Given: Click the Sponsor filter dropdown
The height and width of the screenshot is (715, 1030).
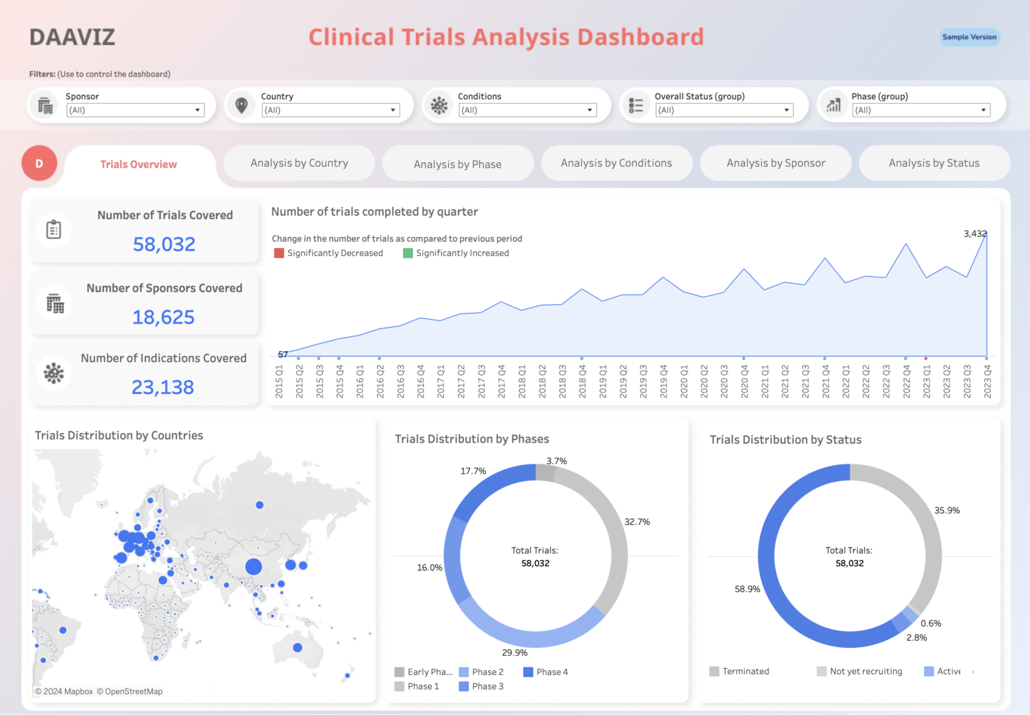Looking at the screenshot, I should [135, 110].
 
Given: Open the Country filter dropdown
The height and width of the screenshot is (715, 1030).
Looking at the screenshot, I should [331, 110].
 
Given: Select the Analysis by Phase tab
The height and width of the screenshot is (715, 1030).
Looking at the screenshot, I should [457, 164].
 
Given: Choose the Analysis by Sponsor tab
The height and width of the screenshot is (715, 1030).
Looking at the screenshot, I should [775, 163].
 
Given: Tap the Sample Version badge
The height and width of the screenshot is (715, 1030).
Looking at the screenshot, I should [969, 37].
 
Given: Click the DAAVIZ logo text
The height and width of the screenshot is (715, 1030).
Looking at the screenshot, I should [72, 37].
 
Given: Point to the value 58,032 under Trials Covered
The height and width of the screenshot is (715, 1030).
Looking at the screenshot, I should [164, 244].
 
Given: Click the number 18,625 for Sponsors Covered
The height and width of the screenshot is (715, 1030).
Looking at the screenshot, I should [164, 317].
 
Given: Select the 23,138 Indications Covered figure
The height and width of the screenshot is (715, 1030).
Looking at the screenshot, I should [163, 387].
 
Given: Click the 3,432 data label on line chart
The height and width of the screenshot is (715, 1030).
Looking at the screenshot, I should [974, 234].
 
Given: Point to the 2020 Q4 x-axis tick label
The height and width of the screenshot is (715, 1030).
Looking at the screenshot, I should [744, 381].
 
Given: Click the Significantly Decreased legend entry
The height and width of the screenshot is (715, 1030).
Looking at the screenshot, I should [329, 253].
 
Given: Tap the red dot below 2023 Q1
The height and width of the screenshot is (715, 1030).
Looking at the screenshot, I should [926, 359].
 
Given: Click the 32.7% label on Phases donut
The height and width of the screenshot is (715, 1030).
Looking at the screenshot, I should [637, 521].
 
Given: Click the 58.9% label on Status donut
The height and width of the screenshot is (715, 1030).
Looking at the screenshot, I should [747, 589].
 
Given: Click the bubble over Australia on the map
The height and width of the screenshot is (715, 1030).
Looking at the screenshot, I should [298, 647].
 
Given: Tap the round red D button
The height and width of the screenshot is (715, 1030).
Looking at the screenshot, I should [39, 164].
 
